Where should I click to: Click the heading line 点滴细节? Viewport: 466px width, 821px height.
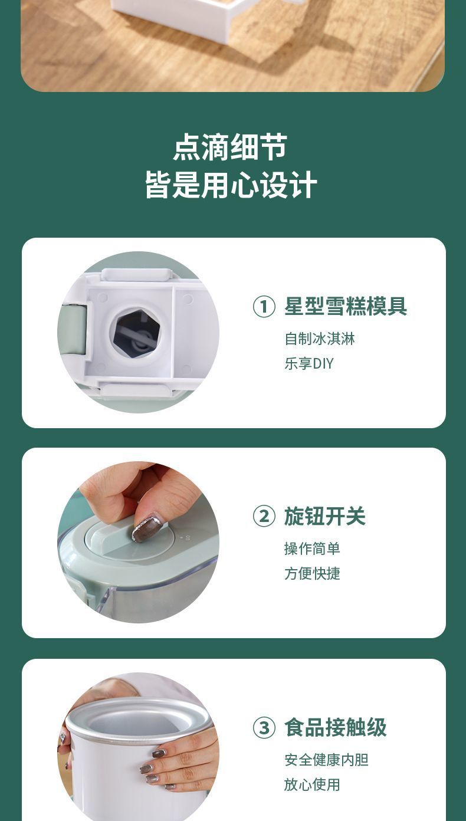230,147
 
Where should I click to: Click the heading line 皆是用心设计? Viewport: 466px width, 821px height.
231,185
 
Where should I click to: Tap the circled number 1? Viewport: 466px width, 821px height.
264,307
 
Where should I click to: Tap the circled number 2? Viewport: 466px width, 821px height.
264,517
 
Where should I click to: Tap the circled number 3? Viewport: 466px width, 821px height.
264,728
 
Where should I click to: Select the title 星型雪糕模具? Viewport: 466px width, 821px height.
346,307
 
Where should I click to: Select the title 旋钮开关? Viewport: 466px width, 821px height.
325,517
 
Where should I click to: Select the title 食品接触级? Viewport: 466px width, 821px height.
335,728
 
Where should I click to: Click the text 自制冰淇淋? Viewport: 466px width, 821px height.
320,339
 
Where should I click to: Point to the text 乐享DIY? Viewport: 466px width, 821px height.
309,364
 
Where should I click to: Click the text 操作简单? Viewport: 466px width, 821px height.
312,549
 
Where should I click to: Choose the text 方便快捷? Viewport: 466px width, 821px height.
312,574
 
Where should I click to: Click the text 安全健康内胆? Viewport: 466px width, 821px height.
326,760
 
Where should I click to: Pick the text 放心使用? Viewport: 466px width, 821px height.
312,785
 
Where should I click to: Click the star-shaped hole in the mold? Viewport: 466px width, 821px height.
136,333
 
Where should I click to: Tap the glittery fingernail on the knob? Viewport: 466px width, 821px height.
146,528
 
